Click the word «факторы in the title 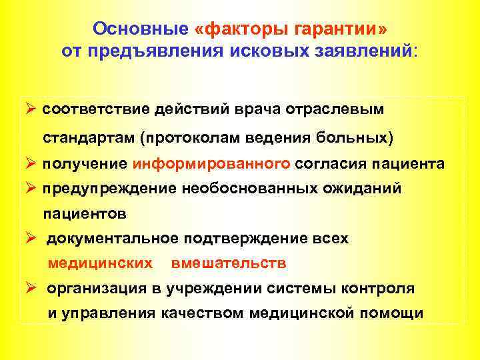click(231, 30)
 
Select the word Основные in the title click(142, 30)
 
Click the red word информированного click(211, 163)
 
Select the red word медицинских click(100, 263)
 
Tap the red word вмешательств click(229, 263)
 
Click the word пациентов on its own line click(85, 214)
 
